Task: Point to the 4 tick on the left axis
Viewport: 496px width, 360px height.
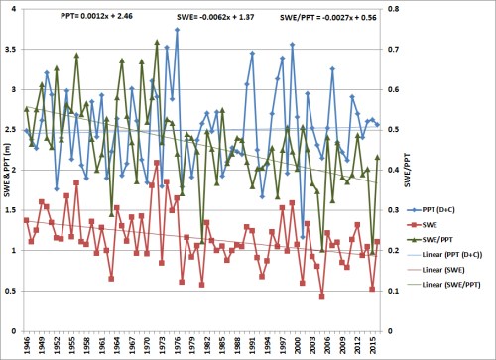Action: pyautogui.click(x=16, y=10)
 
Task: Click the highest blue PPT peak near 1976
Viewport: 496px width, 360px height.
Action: pyautogui.click(x=177, y=30)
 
